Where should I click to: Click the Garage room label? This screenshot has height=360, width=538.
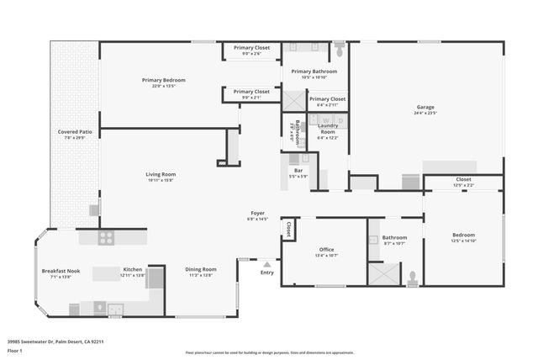tap(425, 107)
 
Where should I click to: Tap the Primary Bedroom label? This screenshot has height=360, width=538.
tap(163, 80)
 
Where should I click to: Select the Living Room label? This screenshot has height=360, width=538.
tap(161, 174)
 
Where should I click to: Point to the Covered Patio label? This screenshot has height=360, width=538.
tap(75, 132)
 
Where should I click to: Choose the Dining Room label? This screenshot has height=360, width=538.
tap(201, 269)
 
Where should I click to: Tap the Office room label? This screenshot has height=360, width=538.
tap(326, 249)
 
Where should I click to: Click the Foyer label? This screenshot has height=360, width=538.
tap(256, 214)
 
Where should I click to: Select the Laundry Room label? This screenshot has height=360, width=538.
tap(328, 129)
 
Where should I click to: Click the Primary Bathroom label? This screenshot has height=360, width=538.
tap(314, 71)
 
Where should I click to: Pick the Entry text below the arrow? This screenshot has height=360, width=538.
tap(267, 273)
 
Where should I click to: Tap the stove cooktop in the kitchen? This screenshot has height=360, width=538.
tap(106, 237)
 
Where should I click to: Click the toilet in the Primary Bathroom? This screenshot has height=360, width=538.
tap(340, 50)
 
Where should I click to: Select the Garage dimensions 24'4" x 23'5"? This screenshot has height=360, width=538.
tap(425, 114)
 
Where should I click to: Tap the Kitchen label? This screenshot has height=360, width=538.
tap(133, 269)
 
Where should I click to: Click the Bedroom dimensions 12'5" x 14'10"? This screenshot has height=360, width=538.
tap(463, 241)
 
